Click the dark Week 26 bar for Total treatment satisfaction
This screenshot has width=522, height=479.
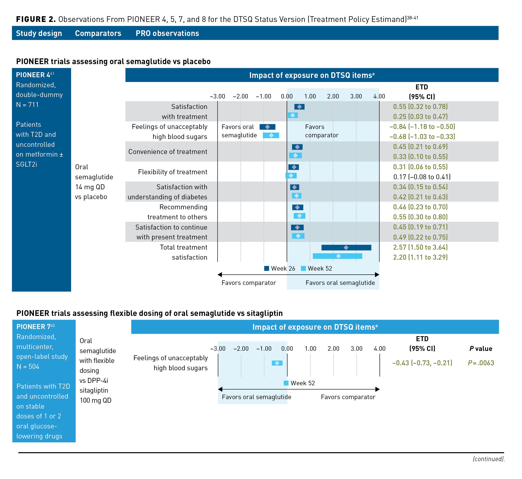[x=346, y=247]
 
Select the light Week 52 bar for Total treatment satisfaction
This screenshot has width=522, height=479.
[x=337, y=256]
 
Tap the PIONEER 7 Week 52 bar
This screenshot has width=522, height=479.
[x=277, y=363]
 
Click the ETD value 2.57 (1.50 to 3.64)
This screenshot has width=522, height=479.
[x=420, y=247]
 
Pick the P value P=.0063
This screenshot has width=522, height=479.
[x=481, y=363]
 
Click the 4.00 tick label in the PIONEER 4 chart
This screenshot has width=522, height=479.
[x=379, y=96]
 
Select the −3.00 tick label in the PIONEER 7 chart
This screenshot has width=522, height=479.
[x=218, y=349]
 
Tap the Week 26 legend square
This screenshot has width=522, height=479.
[x=266, y=268]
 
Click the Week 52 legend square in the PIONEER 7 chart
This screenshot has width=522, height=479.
[x=286, y=383]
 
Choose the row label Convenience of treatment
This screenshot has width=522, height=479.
[x=168, y=152]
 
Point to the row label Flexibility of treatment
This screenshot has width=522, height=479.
[x=173, y=172]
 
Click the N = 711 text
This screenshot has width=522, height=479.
[x=27, y=105]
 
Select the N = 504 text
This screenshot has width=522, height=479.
[x=28, y=366]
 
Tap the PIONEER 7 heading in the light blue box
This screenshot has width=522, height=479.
[x=34, y=327]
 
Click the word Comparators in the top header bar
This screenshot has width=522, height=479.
[x=98, y=33]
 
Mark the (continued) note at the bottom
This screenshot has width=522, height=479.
[x=489, y=459]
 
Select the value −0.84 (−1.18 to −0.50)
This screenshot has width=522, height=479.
[x=422, y=127]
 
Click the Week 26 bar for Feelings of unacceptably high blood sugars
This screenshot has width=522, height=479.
[x=267, y=127]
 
